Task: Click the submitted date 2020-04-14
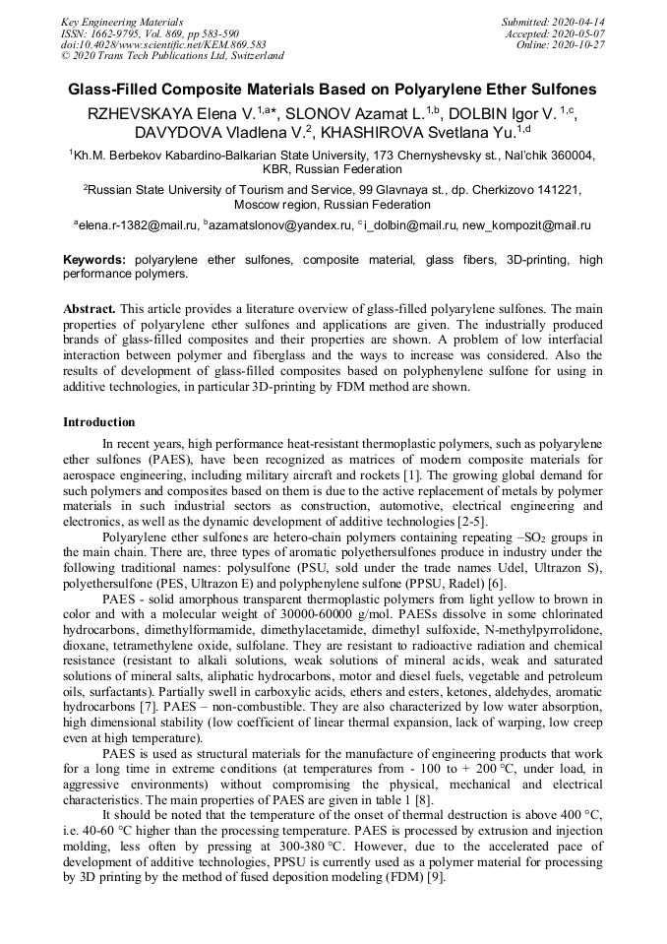coord(577,22)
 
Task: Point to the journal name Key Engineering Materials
coord(122,22)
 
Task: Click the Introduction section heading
coord(99,421)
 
